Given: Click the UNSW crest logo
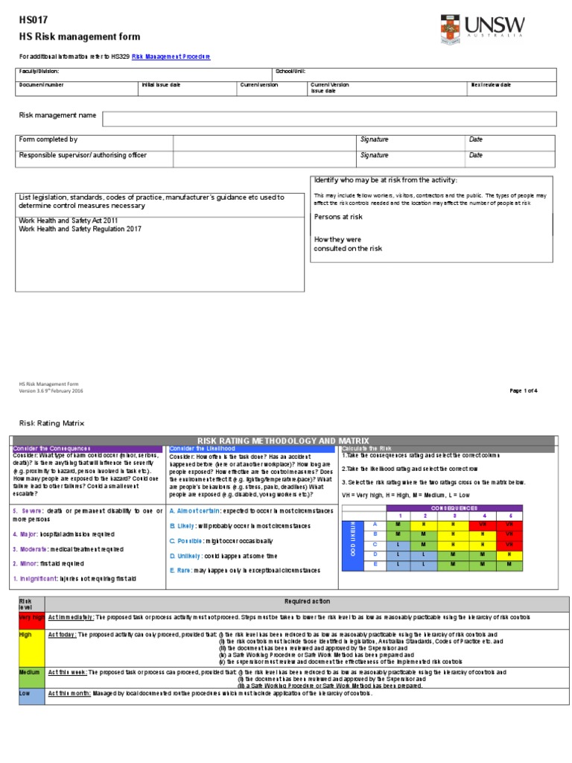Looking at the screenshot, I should (x=451, y=31).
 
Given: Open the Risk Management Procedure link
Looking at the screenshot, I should (x=171, y=57).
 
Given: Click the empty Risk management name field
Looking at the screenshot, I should (x=328, y=119).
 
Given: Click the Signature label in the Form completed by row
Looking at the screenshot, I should (x=374, y=139).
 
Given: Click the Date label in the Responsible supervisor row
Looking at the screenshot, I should (x=476, y=156).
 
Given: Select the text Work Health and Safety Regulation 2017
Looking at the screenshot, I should (x=80, y=229).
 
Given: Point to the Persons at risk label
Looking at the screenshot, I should (x=338, y=217).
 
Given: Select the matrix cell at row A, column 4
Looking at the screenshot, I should (x=483, y=525).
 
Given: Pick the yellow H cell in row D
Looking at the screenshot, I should (x=509, y=554).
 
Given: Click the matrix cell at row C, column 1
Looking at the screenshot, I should (x=399, y=545).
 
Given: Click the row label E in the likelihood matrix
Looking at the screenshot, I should (x=375, y=565).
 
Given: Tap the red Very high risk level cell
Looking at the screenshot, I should (x=31, y=618).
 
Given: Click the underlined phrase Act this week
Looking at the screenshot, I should (x=68, y=672).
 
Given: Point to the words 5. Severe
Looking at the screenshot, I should (x=27, y=511).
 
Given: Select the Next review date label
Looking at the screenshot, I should (x=490, y=85).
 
